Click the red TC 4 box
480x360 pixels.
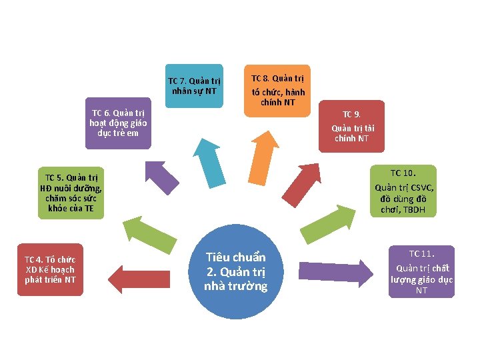[50, 269]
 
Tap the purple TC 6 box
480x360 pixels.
[119, 123]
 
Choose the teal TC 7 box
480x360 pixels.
[194, 86]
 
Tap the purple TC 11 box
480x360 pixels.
[421, 271]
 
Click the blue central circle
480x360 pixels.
[235, 273]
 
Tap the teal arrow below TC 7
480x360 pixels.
[213, 161]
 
